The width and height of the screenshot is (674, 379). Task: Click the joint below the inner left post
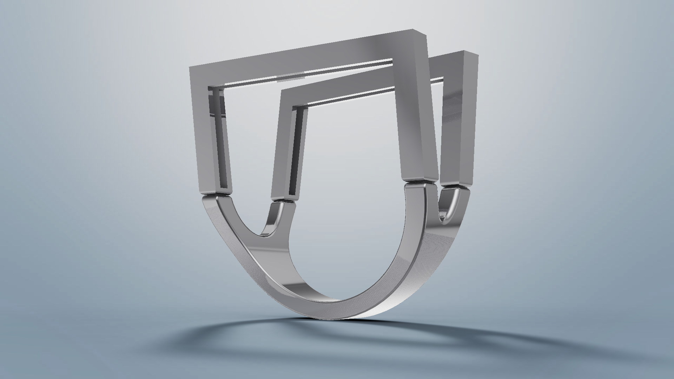(284, 201)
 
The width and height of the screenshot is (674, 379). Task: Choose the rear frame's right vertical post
(458, 123)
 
